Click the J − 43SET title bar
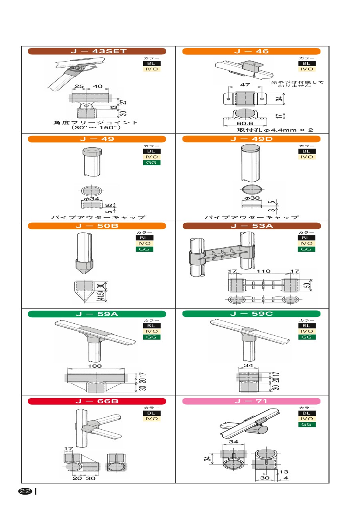coord(97,51)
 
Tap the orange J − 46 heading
coord(252,51)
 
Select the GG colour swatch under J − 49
coord(152,163)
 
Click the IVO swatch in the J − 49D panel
coord(307,157)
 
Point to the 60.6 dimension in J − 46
coord(245,123)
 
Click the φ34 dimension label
coord(92,198)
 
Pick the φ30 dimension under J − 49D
coord(252,198)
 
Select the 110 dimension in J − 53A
coord(264,271)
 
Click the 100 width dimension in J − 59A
coord(95,366)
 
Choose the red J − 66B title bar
coord(97,401)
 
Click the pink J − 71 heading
coord(252,401)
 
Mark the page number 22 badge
coord(25,491)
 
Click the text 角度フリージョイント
coord(96,123)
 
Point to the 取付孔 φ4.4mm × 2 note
coord(275,130)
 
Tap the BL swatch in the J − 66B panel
coord(152,413)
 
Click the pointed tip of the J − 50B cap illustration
coord(84,274)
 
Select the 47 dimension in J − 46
coord(245,84)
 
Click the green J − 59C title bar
coord(252,314)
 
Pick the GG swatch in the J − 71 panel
coord(307,425)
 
